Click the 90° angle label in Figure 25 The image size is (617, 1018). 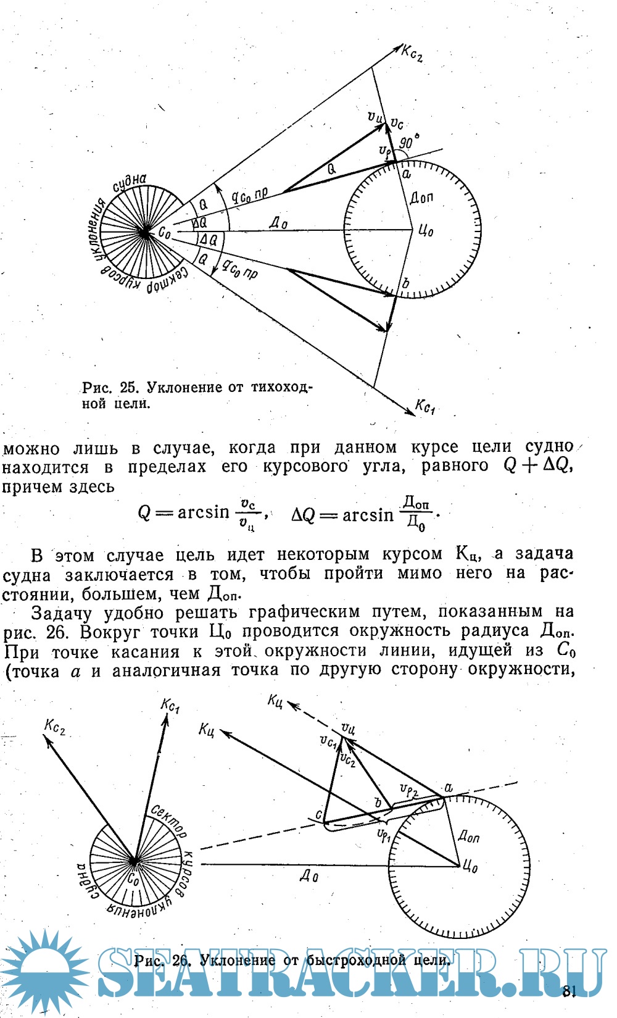click(405, 143)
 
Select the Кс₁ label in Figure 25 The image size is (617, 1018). click(425, 407)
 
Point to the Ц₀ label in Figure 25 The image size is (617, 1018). click(426, 232)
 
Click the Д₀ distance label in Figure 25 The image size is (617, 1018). click(278, 223)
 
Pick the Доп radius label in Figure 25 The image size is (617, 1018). click(422, 198)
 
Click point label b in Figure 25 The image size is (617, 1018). click(405, 284)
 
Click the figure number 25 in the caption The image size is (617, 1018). click(128, 388)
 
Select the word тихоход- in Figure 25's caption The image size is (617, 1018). click(281, 388)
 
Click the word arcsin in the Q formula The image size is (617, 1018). click(203, 512)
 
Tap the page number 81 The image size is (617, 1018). click(569, 991)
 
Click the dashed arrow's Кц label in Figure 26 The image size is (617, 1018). click(275, 700)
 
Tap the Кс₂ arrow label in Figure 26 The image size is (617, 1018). click(55, 727)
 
